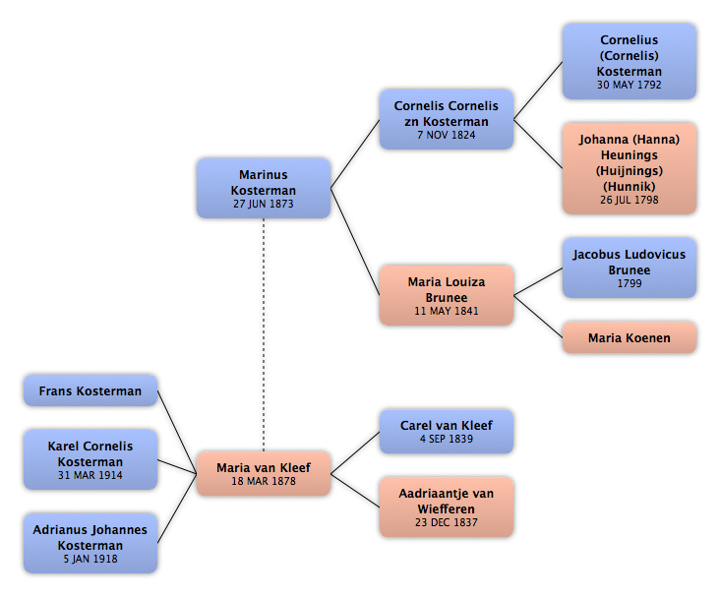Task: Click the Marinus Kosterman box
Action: coord(264,188)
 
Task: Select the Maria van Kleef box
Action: coord(264,473)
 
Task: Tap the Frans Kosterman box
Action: coord(90,390)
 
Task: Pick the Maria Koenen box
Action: coord(630,338)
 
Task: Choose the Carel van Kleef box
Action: coord(447,431)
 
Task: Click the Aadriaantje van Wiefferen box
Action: coord(447,507)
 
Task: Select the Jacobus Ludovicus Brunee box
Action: coord(630,268)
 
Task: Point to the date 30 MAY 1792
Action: coord(630,85)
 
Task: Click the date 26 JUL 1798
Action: coord(630,201)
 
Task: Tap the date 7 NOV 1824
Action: coord(447,135)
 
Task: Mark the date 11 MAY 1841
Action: coord(447,311)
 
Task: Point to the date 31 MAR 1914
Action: coord(90,475)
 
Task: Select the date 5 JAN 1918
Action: coord(90,559)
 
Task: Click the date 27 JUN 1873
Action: coord(264,204)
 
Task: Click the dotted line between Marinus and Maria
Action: coord(264,334)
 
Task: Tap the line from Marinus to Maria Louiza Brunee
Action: coord(355,242)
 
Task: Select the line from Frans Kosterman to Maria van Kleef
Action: coord(177,432)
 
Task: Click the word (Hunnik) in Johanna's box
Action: coord(630,187)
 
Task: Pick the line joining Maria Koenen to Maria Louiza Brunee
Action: coord(538,317)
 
